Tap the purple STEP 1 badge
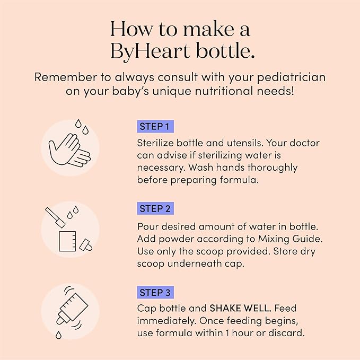coord(156,127)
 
